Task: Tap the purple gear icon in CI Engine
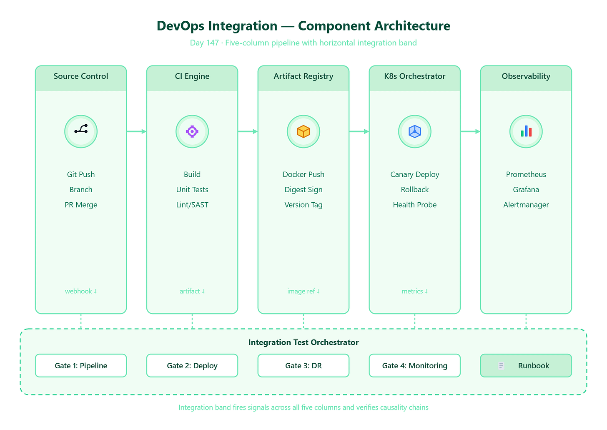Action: click(x=192, y=131)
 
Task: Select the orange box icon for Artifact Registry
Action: click(x=303, y=131)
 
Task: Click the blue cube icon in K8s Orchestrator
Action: click(x=414, y=131)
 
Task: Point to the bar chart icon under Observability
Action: click(x=526, y=131)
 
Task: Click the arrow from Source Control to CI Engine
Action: click(x=137, y=131)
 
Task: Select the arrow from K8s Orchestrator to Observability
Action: click(x=470, y=131)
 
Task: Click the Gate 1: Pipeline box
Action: click(x=81, y=365)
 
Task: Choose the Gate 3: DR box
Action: click(x=303, y=365)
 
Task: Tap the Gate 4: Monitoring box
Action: click(x=414, y=365)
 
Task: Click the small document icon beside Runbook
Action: click(x=501, y=366)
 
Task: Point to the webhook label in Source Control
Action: click(x=81, y=291)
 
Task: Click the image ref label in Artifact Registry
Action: click(x=303, y=291)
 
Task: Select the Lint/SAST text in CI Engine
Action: click(x=192, y=205)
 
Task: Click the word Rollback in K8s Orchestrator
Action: click(x=414, y=189)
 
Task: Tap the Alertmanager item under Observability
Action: click(x=526, y=205)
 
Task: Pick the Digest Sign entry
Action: click(x=303, y=189)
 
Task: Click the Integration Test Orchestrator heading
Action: click(x=303, y=342)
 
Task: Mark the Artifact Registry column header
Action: click(x=303, y=76)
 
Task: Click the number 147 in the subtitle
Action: click(x=213, y=43)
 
